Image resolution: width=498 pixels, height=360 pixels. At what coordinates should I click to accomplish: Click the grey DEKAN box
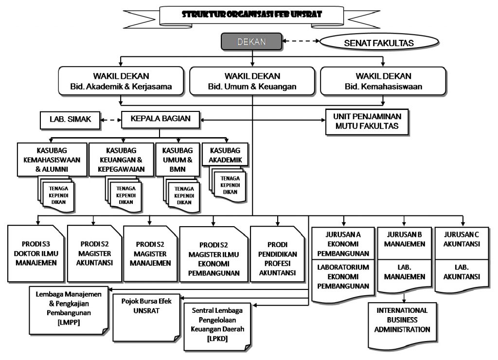251,42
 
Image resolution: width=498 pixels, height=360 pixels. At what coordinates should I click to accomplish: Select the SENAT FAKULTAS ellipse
379,42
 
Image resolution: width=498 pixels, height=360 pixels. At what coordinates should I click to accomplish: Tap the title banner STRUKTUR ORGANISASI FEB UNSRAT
251,15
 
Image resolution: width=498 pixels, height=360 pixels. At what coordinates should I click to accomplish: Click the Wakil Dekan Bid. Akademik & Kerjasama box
121,81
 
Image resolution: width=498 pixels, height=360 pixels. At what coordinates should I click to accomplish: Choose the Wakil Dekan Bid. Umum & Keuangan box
252,81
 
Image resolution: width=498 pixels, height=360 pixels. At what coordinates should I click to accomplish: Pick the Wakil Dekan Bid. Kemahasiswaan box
383,81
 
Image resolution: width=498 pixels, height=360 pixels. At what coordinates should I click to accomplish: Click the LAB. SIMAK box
70,120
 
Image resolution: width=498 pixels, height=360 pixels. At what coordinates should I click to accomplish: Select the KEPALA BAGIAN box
160,120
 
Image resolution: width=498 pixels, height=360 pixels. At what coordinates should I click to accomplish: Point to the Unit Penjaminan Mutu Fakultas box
367,122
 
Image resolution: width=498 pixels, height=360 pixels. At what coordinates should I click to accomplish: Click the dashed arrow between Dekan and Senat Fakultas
301,41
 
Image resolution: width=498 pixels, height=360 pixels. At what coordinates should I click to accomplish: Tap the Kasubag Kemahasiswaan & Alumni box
52,160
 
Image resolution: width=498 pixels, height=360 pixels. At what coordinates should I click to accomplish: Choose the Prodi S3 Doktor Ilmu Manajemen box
36,253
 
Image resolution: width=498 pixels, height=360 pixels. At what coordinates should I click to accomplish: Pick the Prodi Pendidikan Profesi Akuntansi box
278,254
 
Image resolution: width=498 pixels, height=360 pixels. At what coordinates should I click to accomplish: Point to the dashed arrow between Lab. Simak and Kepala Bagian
111,120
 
